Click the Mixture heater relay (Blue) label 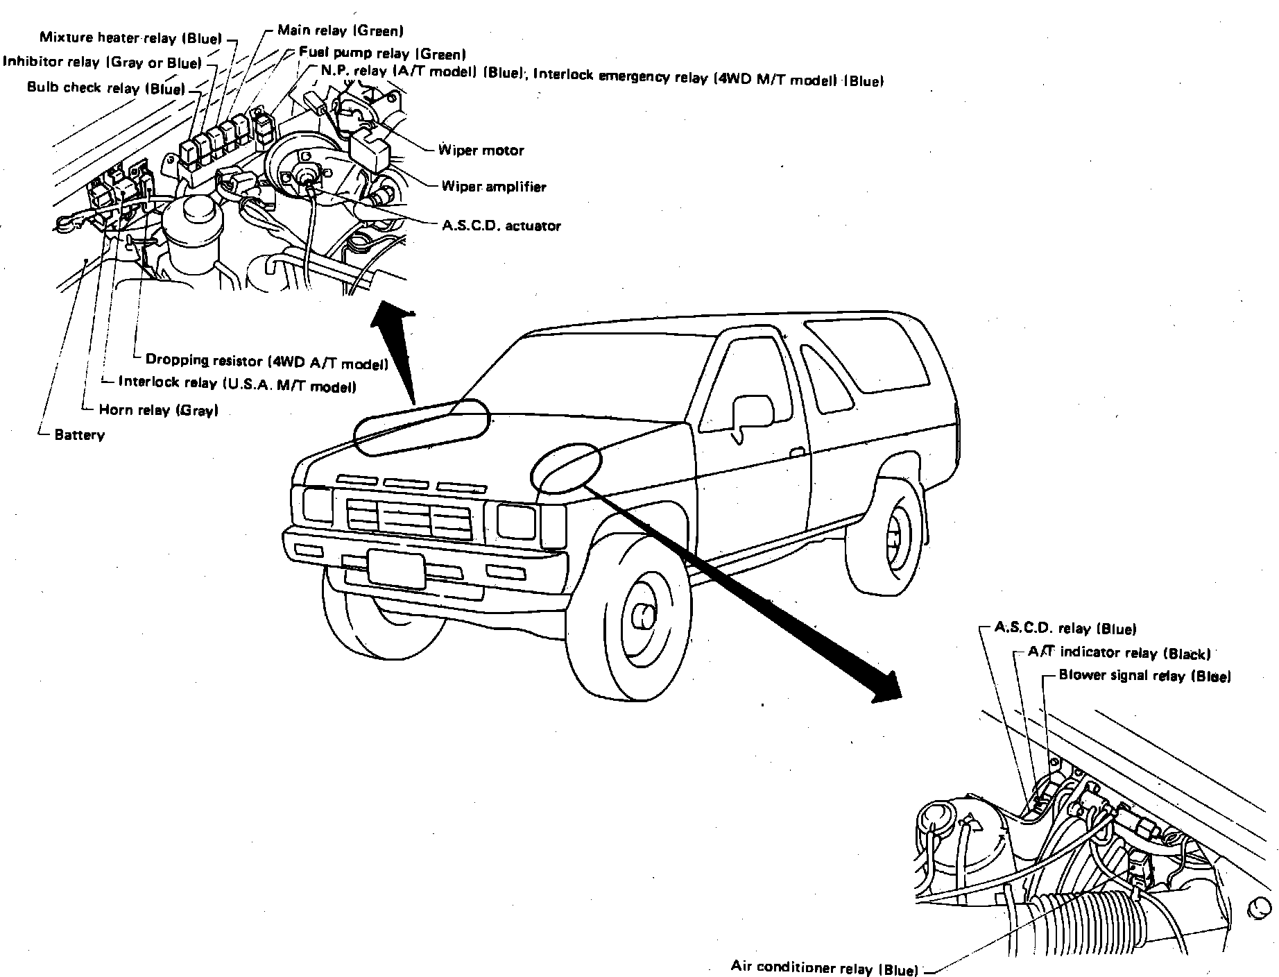[130, 38]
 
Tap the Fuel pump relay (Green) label [382, 53]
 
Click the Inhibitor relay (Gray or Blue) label [103, 62]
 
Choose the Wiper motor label [481, 150]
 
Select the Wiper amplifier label [494, 186]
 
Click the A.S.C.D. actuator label [501, 226]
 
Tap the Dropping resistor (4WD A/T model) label [267, 361]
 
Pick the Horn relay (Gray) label [159, 410]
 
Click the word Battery [79, 436]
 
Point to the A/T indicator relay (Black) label [1119, 653]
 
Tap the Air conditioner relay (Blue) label [825, 967]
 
